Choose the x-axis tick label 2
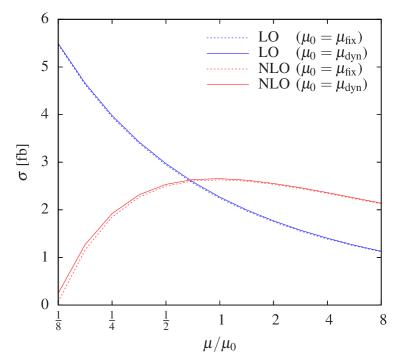[274, 319]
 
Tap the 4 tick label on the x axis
[328, 319]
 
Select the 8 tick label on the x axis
[381, 319]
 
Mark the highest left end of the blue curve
[59, 45]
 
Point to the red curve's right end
[381, 204]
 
